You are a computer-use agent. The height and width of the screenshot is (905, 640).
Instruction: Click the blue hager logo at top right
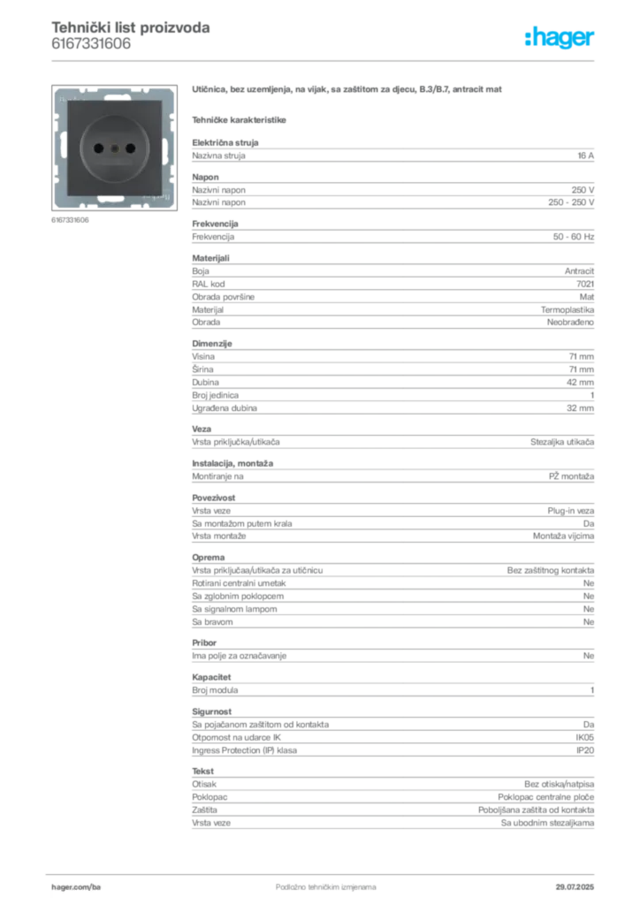pos(561,39)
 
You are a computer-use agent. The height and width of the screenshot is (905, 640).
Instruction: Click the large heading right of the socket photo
pos(350,92)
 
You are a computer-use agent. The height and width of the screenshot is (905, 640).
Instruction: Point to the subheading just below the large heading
pos(240,119)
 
